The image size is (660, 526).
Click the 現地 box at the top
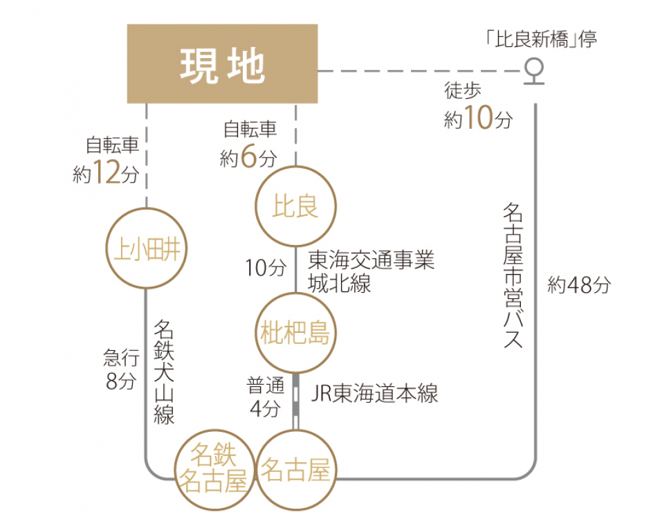[222, 64]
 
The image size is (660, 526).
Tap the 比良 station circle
[295, 206]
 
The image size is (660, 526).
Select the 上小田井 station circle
[146, 248]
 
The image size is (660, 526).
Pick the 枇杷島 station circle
[295, 333]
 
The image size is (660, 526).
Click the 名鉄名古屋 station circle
[213, 469]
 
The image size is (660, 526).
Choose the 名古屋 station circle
[295, 470]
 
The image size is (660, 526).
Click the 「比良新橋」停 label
[540, 39]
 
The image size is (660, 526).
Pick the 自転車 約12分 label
[107, 160]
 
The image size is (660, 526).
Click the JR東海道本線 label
[374, 394]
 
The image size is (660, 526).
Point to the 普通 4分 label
[264, 396]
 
